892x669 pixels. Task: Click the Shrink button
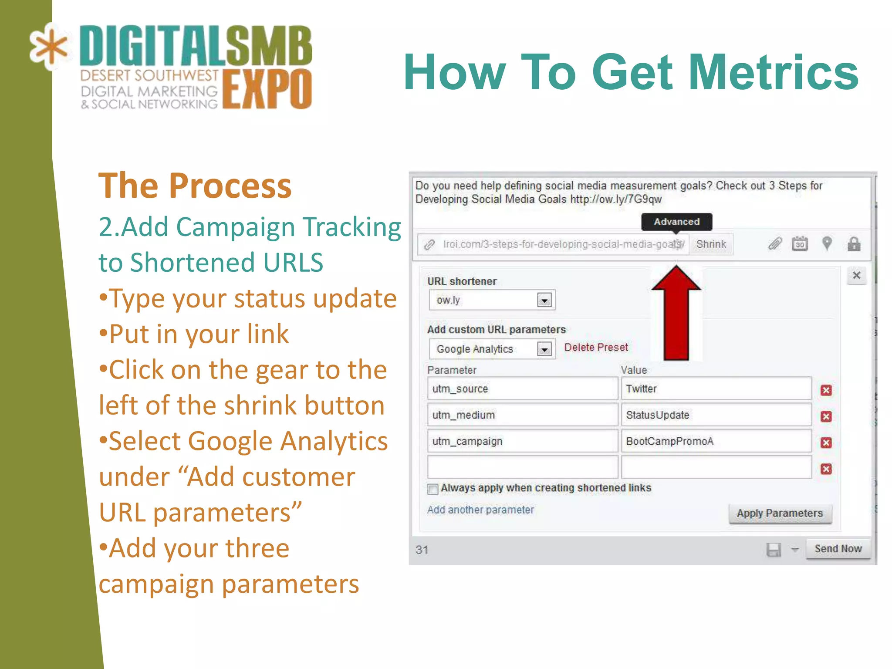coord(711,244)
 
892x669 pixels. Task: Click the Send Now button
coord(838,548)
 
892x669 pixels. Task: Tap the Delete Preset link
coord(596,347)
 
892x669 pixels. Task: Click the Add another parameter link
coord(480,510)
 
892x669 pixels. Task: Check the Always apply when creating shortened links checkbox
coord(432,489)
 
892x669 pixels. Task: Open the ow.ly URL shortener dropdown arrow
coord(544,300)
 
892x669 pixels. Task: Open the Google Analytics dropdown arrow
coord(544,349)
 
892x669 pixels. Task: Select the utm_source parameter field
coord(522,389)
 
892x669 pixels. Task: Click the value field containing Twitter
coord(716,389)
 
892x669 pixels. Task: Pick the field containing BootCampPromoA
coord(716,441)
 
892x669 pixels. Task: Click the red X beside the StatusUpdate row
coord(826,416)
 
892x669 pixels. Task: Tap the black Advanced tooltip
coord(676,222)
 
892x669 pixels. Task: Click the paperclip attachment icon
coord(775,243)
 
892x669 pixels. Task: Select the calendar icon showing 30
coord(800,244)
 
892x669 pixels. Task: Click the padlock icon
coord(854,244)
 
